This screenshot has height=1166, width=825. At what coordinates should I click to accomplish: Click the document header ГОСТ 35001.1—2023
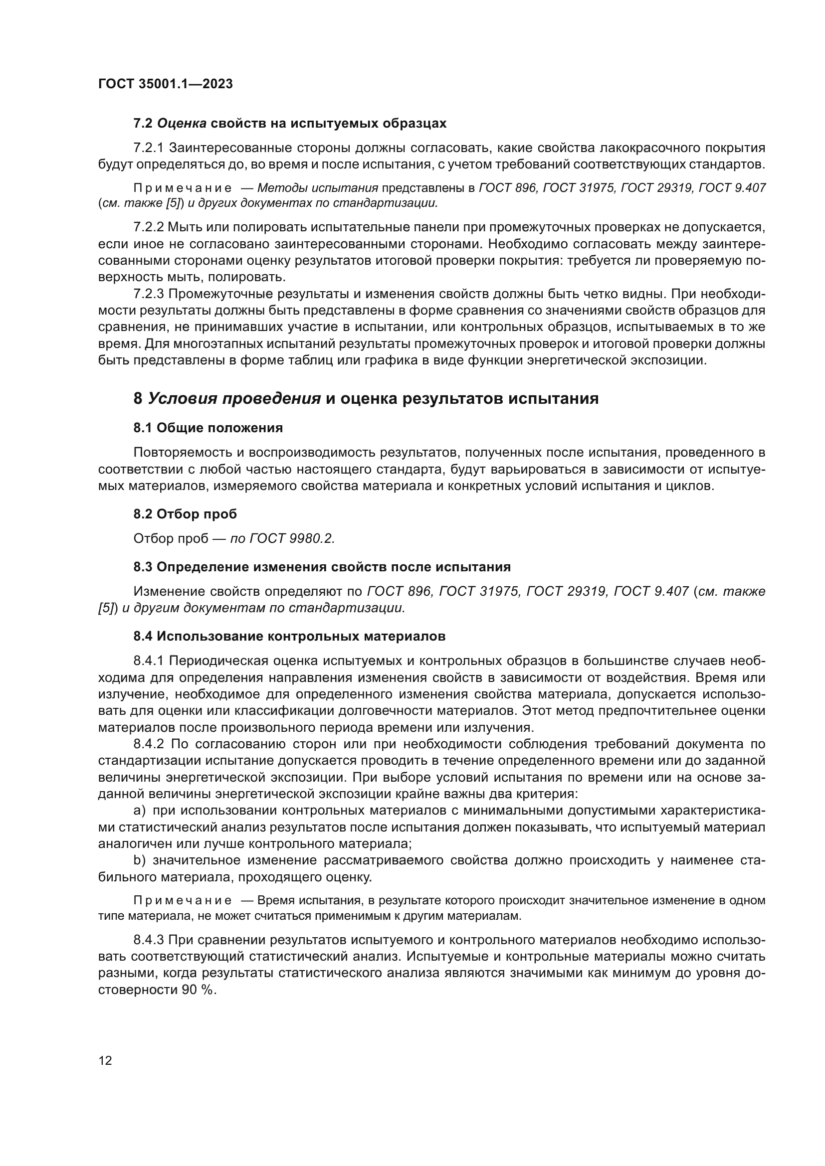click(x=165, y=84)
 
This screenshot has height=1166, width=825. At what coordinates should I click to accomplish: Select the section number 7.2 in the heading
click(x=143, y=124)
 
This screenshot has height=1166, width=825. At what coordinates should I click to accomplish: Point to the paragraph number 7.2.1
click(x=148, y=148)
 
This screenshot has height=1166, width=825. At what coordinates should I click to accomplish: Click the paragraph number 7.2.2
click(x=148, y=227)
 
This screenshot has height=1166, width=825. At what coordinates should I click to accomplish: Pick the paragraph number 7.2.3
click(x=148, y=294)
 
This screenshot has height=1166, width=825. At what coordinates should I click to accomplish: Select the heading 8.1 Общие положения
click(x=208, y=428)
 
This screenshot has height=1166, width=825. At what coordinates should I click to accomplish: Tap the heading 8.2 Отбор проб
click(x=185, y=514)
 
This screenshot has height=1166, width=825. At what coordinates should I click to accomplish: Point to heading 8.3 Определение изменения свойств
click(x=322, y=567)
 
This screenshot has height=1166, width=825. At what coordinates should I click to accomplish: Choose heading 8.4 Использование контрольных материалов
click(x=289, y=636)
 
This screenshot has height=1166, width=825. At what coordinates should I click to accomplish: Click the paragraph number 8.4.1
click(x=148, y=661)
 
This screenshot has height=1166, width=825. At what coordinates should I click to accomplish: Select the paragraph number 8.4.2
click(x=148, y=744)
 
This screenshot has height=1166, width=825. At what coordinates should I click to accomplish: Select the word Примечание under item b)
click(x=183, y=901)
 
